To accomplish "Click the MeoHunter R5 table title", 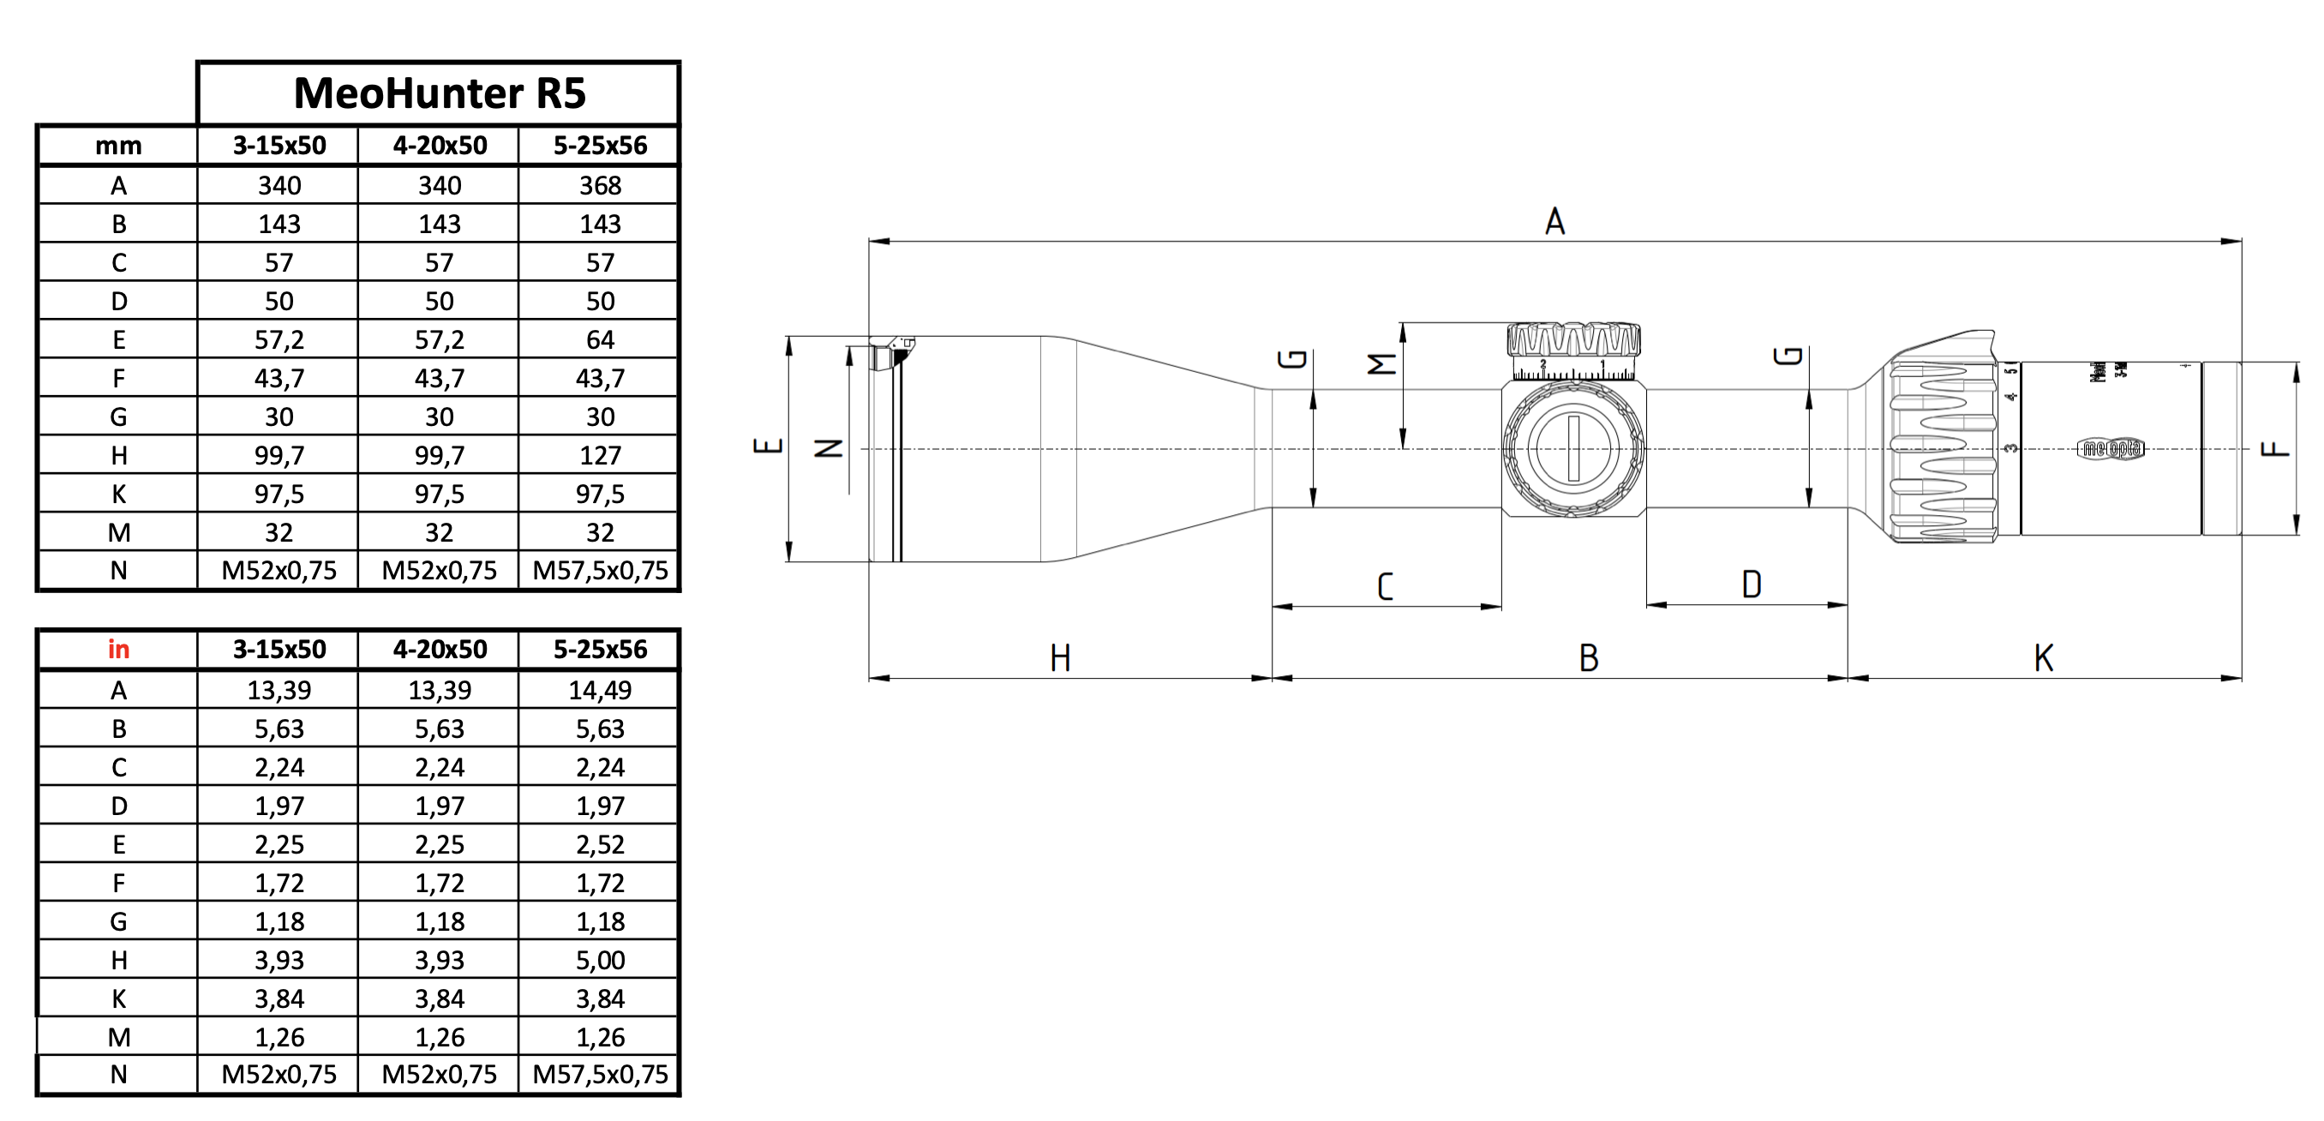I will [x=440, y=93].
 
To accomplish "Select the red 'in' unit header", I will [x=118, y=649].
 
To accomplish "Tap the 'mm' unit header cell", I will [x=118, y=146].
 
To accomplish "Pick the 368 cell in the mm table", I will [x=600, y=185].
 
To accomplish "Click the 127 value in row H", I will [x=600, y=455].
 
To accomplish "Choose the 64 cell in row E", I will [x=600, y=339].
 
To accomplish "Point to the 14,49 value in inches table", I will [x=600, y=690].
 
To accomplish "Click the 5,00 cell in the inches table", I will [x=600, y=959].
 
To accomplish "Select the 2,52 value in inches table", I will [x=600, y=844].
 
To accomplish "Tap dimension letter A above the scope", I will [x=1554, y=221].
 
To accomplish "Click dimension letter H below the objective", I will [x=1060, y=658].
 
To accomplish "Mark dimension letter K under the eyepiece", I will [x=2044, y=658].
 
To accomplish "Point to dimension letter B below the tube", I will [x=1589, y=658].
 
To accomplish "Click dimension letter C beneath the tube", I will [x=1385, y=587].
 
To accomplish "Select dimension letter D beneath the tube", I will [x=1751, y=584].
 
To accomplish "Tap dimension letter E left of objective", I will [x=768, y=445].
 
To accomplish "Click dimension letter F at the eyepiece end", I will [x=2274, y=448].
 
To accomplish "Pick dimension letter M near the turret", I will [x=1381, y=363].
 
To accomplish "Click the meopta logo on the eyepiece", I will [x=2110, y=448].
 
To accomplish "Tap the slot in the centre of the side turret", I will [x=1573, y=448].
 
